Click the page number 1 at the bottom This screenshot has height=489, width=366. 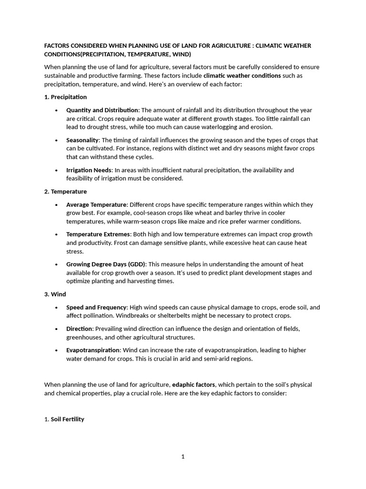(183, 457)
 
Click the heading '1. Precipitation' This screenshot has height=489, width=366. (65, 97)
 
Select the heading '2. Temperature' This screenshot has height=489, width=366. (65, 191)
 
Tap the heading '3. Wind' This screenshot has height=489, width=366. (55, 294)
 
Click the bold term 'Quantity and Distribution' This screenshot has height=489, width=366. (102, 110)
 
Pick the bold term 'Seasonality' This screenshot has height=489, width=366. (82, 140)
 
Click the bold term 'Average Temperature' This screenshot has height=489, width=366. (96, 204)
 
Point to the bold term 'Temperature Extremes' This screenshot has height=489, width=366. (98, 234)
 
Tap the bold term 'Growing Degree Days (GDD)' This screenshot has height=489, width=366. (106, 264)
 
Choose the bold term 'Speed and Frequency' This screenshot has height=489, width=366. (96, 307)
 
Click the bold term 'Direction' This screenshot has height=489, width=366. (80, 329)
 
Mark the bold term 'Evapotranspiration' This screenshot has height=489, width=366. (92, 350)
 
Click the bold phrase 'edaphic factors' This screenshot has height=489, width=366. (193, 384)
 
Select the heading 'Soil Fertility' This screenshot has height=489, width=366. (67, 419)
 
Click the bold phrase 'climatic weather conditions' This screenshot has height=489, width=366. (242, 75)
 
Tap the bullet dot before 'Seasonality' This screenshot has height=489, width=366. (56, 140)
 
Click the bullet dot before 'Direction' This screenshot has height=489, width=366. (56, 329)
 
